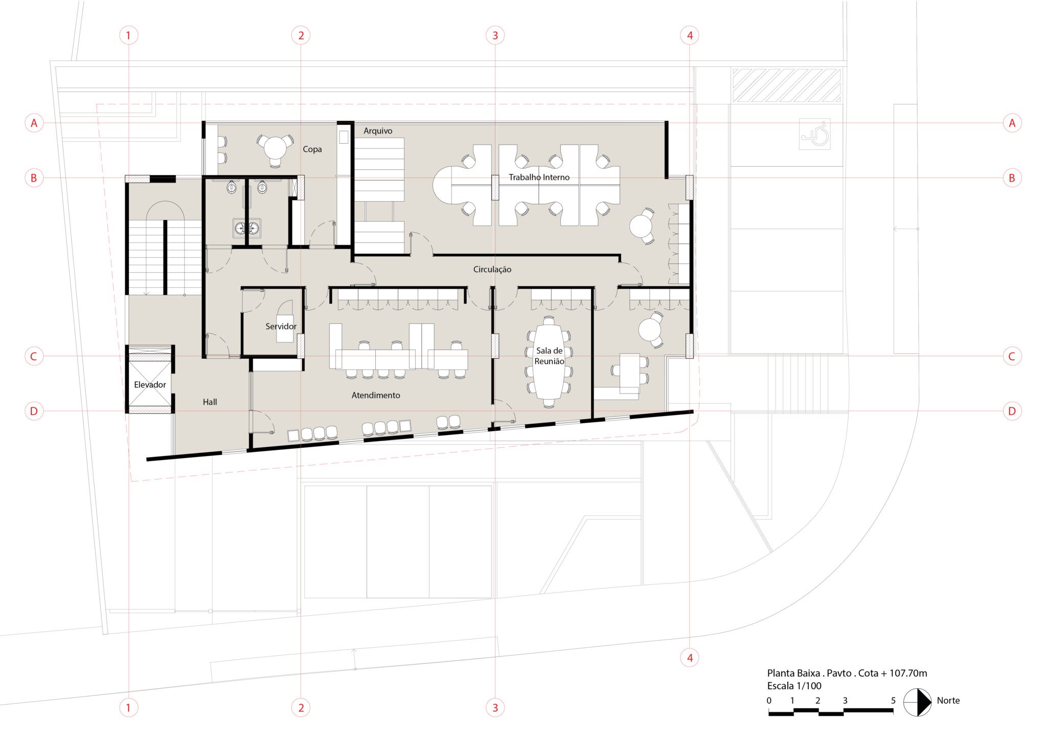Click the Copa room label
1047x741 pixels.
[x=312, y=149]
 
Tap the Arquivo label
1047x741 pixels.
[x=378, y=131]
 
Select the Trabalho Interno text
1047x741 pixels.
[x=539, y=177]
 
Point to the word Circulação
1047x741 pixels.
[x=492, y=270]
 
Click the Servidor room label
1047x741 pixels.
[x=281, y=326]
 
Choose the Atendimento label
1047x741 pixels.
[x=376, y=395]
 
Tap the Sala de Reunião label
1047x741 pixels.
[x=549, y=356]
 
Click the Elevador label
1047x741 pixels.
[x=150, y=385]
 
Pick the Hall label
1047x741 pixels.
[x=210, y=402]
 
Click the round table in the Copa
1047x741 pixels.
[x=276, y=148]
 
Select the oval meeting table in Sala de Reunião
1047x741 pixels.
[x=549, y=361]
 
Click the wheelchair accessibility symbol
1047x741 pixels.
[x=814, y=134]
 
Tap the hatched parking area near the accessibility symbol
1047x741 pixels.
[x=786, y=85]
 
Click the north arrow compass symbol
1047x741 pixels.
[x=918, y=702]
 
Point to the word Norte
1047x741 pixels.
[x=948, y=701]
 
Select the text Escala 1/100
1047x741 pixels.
[x=794, y=686]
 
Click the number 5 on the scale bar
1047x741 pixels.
[x=893, y=701]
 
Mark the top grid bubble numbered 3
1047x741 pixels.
[x=495, y=35]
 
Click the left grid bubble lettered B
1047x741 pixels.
[x=34, y=178]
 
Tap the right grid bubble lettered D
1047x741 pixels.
[x=1012, y=411]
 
